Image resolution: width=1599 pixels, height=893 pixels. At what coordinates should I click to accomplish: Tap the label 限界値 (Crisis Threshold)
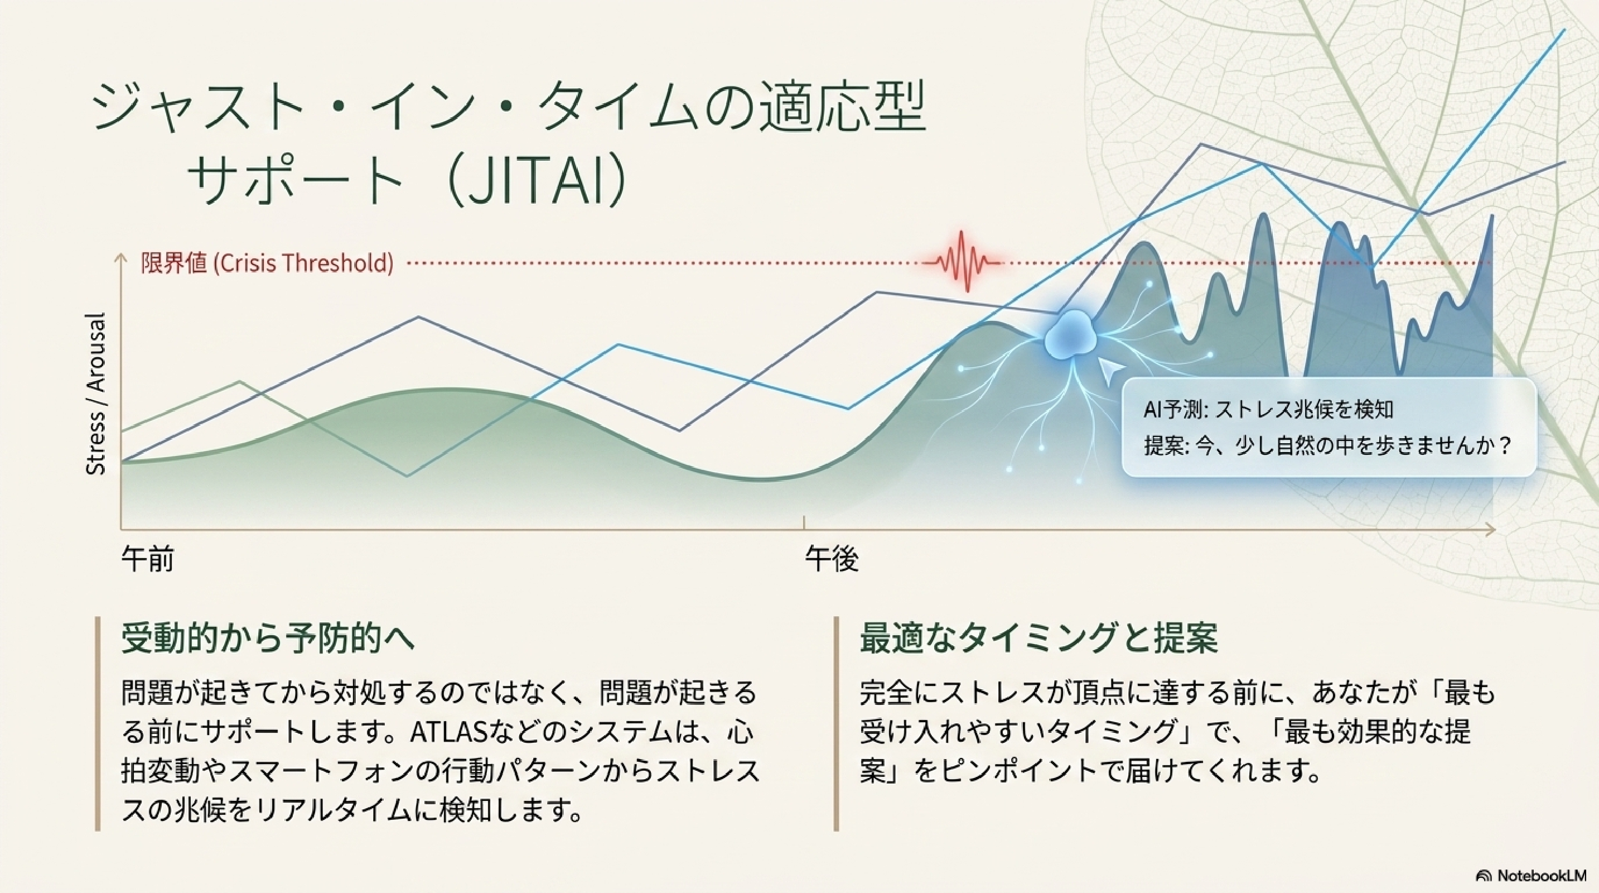267,263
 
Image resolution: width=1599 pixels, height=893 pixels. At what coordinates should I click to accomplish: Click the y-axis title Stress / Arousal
95,395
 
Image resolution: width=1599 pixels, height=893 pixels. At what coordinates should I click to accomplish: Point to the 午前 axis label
148,559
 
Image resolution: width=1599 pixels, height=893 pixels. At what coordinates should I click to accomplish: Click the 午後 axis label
832,559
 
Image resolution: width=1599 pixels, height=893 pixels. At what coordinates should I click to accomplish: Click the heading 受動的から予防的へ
268,638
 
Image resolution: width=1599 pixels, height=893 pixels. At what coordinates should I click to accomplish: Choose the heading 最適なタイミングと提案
1038,638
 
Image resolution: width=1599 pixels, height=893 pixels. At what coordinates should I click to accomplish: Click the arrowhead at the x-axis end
1490,530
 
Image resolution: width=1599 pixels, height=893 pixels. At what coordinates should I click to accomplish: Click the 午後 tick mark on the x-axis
804,522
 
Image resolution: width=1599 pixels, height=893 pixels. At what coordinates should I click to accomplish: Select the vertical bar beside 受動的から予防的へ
98,723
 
